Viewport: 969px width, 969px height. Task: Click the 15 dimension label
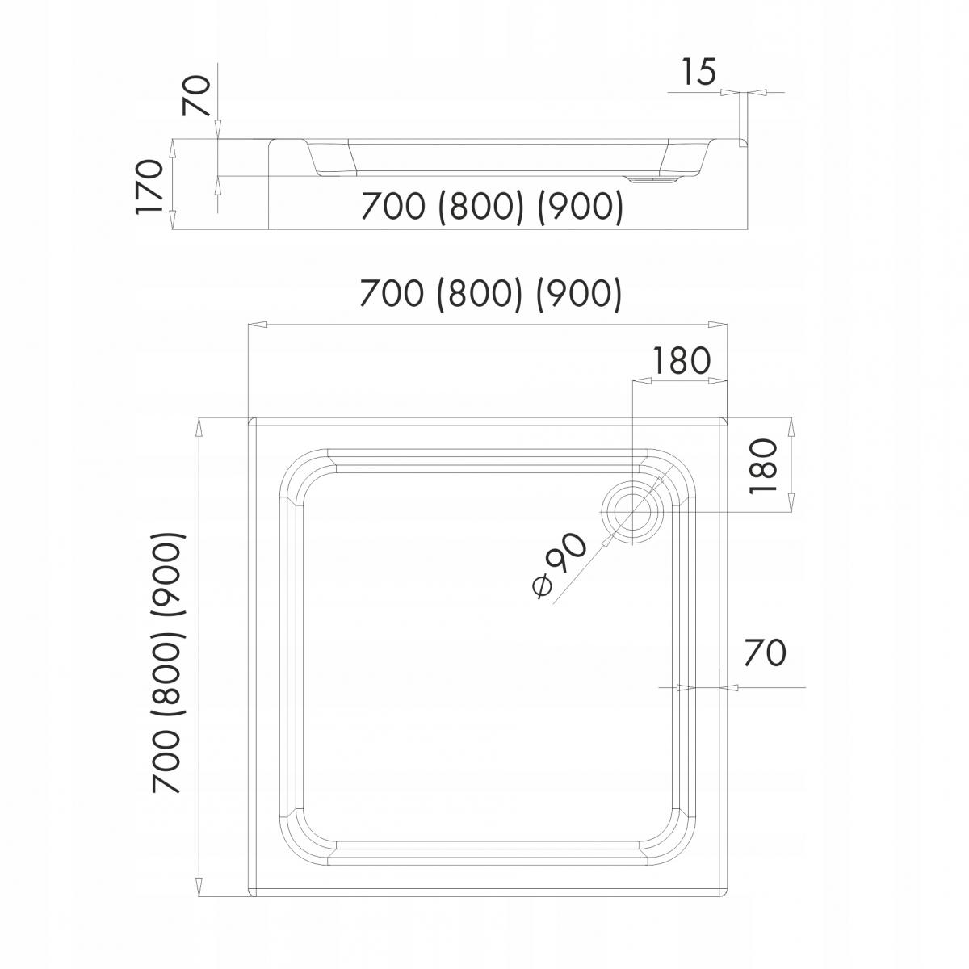coord(698,73)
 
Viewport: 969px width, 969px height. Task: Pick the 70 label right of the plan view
coord(764,652)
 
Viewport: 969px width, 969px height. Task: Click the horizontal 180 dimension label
coord(682,361)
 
